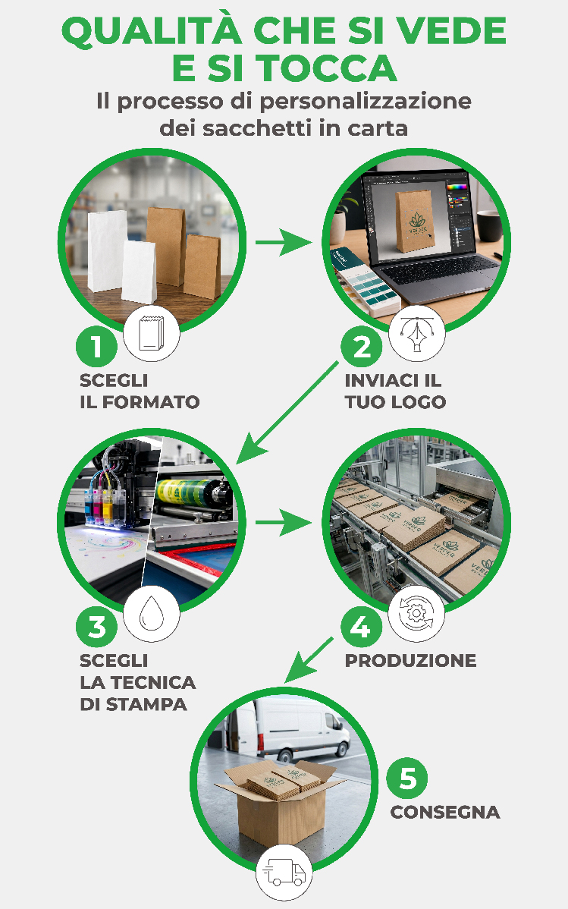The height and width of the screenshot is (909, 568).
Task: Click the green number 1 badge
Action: click(96, 347)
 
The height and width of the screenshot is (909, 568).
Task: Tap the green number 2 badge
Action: click(362, 347)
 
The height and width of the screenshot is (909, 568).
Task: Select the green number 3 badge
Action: click(96, 627)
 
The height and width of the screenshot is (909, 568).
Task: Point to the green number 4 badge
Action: click(362, 627)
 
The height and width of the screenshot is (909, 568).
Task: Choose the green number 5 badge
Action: click(407, 778)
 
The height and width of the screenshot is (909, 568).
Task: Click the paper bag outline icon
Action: click(151, 333)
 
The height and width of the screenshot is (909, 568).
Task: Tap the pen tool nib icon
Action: click(416, 333)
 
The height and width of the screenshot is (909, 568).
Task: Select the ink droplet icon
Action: click(151, 613)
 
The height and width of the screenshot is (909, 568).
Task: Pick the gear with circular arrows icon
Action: click(416, 613)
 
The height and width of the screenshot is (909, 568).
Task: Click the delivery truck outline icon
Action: click(284, 873)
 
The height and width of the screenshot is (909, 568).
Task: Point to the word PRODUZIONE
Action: click(410, 660)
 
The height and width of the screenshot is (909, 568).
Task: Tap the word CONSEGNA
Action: click(445, 812)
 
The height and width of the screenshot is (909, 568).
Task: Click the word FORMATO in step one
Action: click(151, 401)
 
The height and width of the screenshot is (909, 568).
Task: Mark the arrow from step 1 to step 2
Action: click(283, 242)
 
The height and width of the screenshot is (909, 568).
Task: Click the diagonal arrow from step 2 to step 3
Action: click(287, 413)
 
